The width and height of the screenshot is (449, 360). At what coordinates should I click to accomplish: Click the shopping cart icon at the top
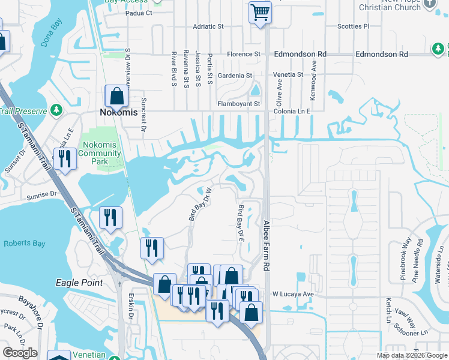point(260,12)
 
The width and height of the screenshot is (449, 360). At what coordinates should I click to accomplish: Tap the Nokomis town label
point(118,112)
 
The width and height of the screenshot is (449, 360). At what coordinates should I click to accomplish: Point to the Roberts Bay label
point(20,244)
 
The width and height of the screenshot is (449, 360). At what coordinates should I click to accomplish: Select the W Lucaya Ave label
point(293,295)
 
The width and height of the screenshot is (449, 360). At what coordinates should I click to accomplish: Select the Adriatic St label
point(208,26)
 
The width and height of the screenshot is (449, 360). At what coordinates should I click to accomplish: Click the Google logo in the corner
point(20,353)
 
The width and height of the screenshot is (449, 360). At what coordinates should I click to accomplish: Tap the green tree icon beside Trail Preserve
point(56,110)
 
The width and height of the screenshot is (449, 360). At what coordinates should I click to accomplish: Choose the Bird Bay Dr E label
point(241,223)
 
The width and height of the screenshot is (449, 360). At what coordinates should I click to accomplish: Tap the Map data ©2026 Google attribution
point(412,355)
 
